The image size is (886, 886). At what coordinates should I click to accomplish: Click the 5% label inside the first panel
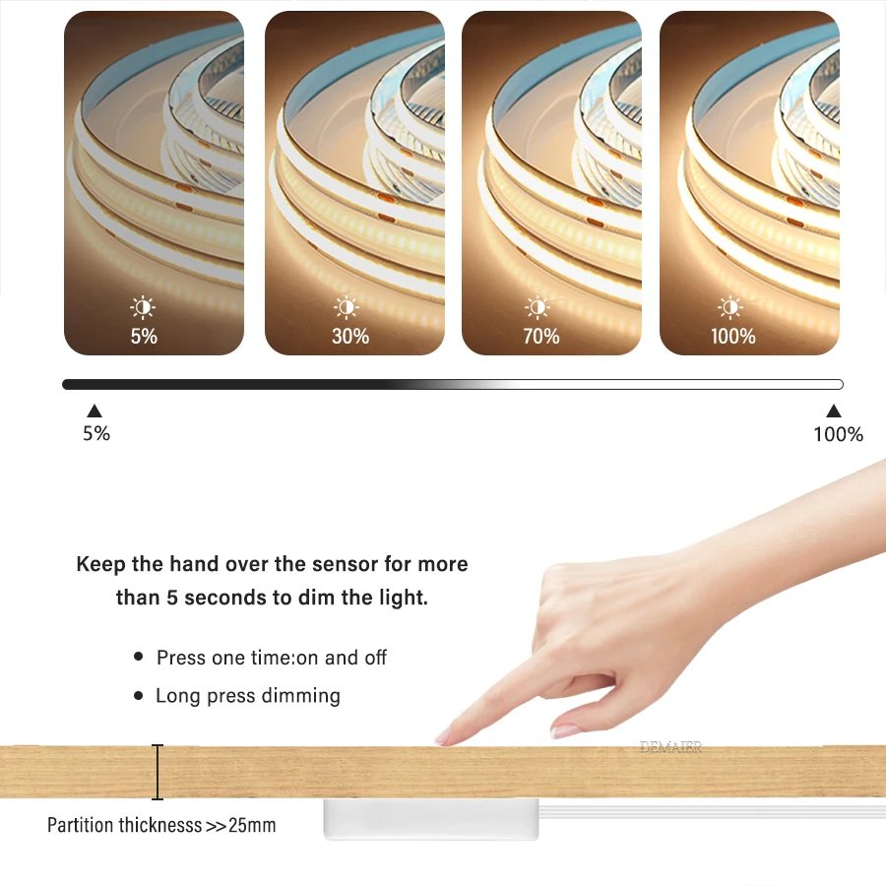click(x=144, y=337)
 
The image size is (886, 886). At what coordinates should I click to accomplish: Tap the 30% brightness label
click(x=350, y=337)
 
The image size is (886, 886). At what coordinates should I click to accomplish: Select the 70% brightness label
click(x=541, y=337)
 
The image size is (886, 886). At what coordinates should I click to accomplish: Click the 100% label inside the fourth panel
click(x=733, y=337)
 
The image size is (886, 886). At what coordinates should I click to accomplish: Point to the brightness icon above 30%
click(x=347, y=308)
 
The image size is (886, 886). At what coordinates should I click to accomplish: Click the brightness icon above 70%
click(x=538, y=308)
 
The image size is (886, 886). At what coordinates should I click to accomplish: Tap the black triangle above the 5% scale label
click(x=95, y=411)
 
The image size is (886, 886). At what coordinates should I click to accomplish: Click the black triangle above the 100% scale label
click(x=834, y=411)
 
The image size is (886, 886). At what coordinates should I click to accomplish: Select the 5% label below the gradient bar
click(x=96, y=433)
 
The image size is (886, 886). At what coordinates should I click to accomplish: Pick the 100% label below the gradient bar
click(x=838, y=434)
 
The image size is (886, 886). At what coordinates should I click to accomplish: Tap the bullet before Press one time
click(x=139, y=657)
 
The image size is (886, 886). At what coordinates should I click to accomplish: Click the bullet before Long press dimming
click(x=139, y=696)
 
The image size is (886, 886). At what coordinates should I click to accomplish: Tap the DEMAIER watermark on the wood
click(x=670, y=748)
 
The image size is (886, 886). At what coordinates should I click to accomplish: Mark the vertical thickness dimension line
click(x=158, y=772)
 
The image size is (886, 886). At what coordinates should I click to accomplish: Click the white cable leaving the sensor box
click(x=709, y=811)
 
